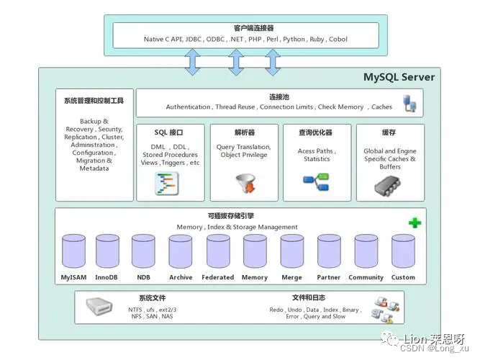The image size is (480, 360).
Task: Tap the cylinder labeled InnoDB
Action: point(106,251)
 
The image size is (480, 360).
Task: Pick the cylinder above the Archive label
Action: point(180,251)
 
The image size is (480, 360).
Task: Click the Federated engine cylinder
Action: point(217,251)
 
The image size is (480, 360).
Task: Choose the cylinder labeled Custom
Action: point(403,251)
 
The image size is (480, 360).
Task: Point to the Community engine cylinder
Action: point(366,251)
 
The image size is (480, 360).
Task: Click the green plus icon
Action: point(415,223)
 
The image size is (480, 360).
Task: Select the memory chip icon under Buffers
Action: point(389,186)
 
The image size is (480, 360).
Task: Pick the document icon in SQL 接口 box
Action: point(167,184)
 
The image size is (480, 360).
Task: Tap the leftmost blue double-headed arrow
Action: point(193,61)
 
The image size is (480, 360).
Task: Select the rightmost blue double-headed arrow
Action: point(272,61)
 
